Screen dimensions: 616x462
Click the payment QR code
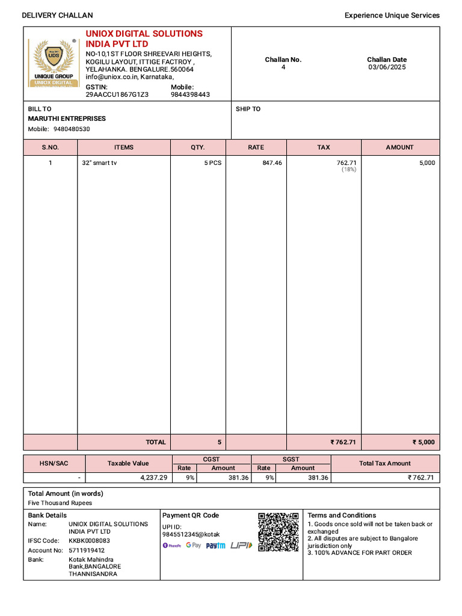click(279, 532)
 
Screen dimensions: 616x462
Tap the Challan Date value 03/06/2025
click(387, 67)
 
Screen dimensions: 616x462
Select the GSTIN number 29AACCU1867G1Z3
click(117, 94)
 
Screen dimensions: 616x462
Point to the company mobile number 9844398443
click(190, 94)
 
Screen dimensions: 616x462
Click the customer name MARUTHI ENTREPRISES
click(67, 119)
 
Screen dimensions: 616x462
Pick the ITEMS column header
click(124, 147)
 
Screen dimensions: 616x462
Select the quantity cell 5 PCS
click(212, 163)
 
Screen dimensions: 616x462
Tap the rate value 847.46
click(272, 163)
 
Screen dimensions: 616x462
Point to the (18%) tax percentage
click(349, 170)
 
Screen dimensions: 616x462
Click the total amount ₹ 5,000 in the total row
click(423, 442)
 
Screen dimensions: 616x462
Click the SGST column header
click(291, 460)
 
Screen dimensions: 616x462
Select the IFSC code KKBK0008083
click(89, 541)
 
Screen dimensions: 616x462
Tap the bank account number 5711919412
click(87, 550)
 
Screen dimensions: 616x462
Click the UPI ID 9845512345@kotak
click(191, 534)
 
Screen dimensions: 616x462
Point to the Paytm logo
click(215, 546)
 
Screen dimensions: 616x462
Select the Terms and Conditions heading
click(342, 516)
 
